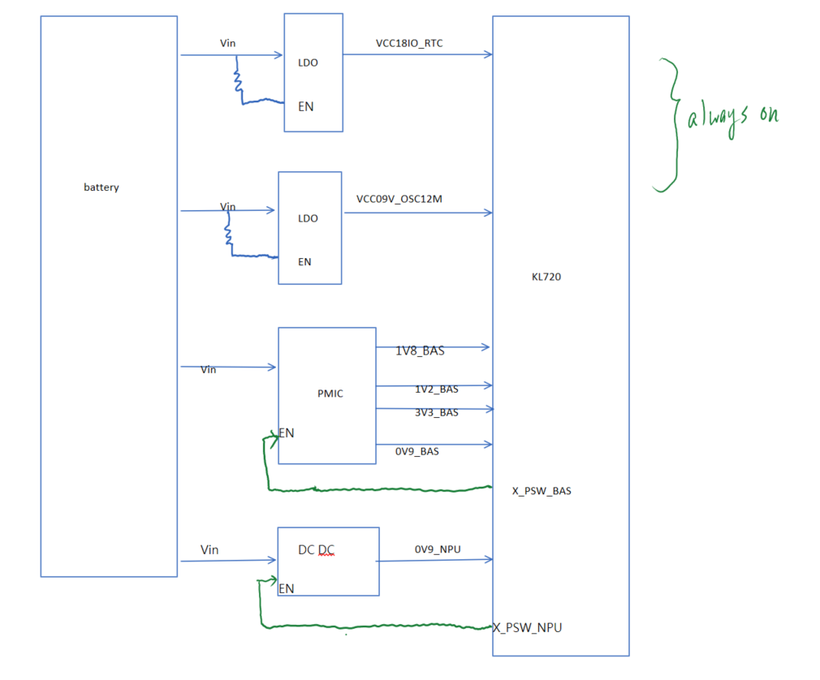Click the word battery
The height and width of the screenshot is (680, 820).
[101, 187]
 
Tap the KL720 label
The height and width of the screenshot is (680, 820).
[546, 277]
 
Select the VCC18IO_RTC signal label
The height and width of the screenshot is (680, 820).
[409, 43]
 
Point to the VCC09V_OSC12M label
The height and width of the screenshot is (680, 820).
[399, 199]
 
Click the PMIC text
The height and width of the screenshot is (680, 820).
[330, 393]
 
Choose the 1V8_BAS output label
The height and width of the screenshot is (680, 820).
[420, 351]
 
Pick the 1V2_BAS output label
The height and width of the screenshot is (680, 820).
[437, 389]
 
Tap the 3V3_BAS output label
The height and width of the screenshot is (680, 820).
[437, 412]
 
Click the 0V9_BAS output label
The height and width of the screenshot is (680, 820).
[416, 451]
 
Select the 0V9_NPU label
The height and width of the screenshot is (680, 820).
[438, 549]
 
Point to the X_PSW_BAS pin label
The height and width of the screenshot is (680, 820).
[542, 491]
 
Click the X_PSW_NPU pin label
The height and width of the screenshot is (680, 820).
[528, 627]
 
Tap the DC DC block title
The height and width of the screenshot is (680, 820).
[316, 550]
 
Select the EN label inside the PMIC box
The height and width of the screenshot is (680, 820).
[287, 433]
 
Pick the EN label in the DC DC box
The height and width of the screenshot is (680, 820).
[287, 588]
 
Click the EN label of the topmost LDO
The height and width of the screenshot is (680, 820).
[306, 106]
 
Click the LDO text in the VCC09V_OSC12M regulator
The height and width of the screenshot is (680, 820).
[308, 218]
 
